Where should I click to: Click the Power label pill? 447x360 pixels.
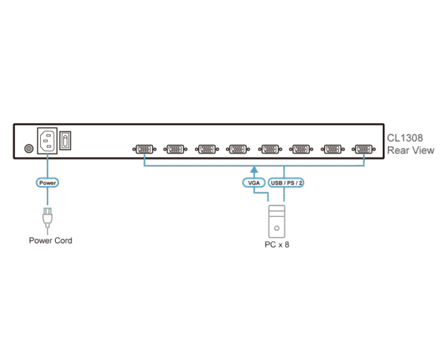coord(47,182)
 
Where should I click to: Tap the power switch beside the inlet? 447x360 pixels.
coord(66,139)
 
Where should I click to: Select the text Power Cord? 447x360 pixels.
coord(51,241)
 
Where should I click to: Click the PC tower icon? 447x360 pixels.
coord(276,221)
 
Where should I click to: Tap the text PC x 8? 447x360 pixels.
coord(276,245)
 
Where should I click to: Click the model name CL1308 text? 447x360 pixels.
coord(405,138)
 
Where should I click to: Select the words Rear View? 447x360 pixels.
coord(410,150)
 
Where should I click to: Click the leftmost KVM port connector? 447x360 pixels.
coord(144,149)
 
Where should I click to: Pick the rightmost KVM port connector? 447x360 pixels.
coord(364,149)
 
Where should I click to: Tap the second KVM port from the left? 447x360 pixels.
coord(175,149)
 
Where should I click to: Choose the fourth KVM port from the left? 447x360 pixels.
coord(238,149)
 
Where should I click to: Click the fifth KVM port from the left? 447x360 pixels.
coord(270,149)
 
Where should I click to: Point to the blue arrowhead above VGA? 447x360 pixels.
coord(254,169)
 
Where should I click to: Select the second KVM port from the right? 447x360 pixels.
coord(332,149)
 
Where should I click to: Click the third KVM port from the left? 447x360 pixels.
coord(206,149)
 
